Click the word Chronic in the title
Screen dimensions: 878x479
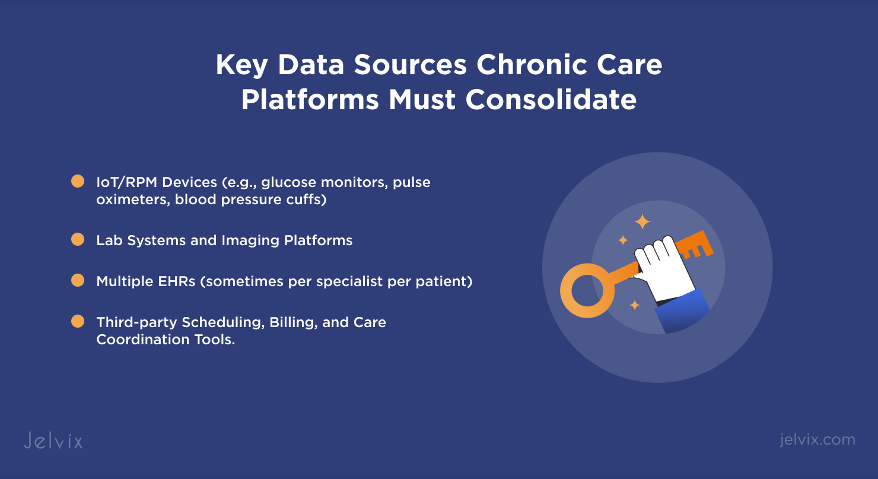(532, 64)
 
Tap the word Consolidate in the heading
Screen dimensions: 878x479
(551, 100)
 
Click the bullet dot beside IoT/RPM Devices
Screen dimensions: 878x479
(78, 181)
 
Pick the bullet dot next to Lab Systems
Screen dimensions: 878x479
(78, 239)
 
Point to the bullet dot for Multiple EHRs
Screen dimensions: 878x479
(78, 281)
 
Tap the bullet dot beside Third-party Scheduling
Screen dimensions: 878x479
(78, 321)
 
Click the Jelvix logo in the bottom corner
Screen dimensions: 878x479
(53, 440)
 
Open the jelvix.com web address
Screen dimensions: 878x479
(817, 440)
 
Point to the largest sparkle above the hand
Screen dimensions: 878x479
(642, 221)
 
